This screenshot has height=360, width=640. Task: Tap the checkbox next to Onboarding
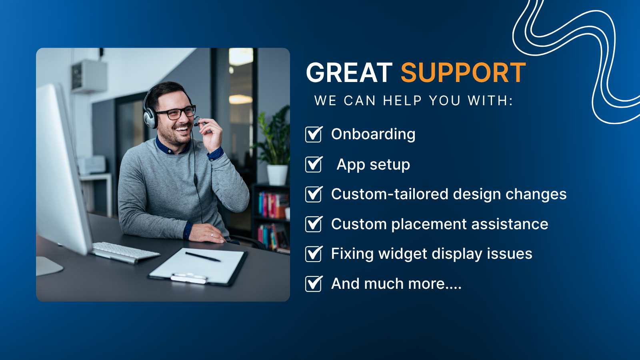click(x=314, y=134)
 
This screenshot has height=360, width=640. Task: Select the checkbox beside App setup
click(x=314, y=164)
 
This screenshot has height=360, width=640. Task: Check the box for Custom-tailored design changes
click(x=314, y=194)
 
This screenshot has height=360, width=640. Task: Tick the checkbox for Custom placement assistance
click(x=314, y=224)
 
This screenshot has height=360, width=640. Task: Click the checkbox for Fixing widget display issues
click(x=314, y=254)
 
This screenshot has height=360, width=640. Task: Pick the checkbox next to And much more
click(x=314, y=284)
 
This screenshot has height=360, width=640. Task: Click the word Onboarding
click(x=373, y=134)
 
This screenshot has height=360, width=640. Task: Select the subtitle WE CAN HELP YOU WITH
click(x=414, y=100)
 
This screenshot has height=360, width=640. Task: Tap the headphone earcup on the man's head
click(x=150, y=119)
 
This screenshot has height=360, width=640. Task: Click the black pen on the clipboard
click(x=203, y=256)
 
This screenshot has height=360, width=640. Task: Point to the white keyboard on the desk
click(x=124, y=252)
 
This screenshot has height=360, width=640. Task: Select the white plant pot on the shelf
click(x=277, y=175)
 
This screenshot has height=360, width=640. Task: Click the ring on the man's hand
click(x=212, y=234)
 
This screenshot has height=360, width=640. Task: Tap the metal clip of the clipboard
click(x=189, y=278)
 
